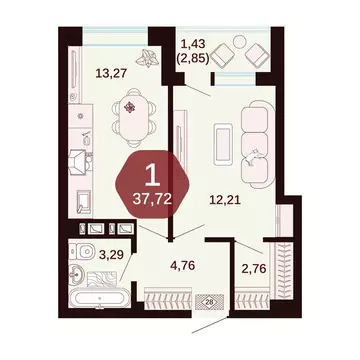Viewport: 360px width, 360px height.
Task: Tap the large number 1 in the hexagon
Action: (151, 178)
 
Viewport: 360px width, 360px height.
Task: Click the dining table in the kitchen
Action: (133, 109)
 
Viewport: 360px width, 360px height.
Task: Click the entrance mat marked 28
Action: (209, 299)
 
